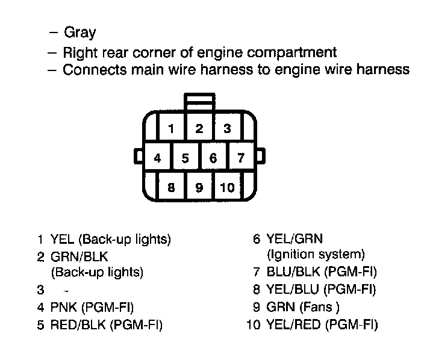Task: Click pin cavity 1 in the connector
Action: (172, 128)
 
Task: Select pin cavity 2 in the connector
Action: (199, 128)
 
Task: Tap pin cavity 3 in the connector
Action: (227, 128)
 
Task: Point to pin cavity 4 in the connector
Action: (157, 158)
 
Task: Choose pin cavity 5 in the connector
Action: (185, 158)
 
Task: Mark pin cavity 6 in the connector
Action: (213, 158)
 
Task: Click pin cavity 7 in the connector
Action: (241, 158)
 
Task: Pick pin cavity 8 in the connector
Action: (172, 187)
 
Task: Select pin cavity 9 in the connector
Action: (199, 187)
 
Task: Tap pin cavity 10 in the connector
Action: (227, 187)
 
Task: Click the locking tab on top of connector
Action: (200, 102)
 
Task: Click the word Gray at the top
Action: (79, 33)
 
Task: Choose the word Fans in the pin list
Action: (319, 307)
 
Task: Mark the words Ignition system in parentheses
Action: (316, 254)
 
